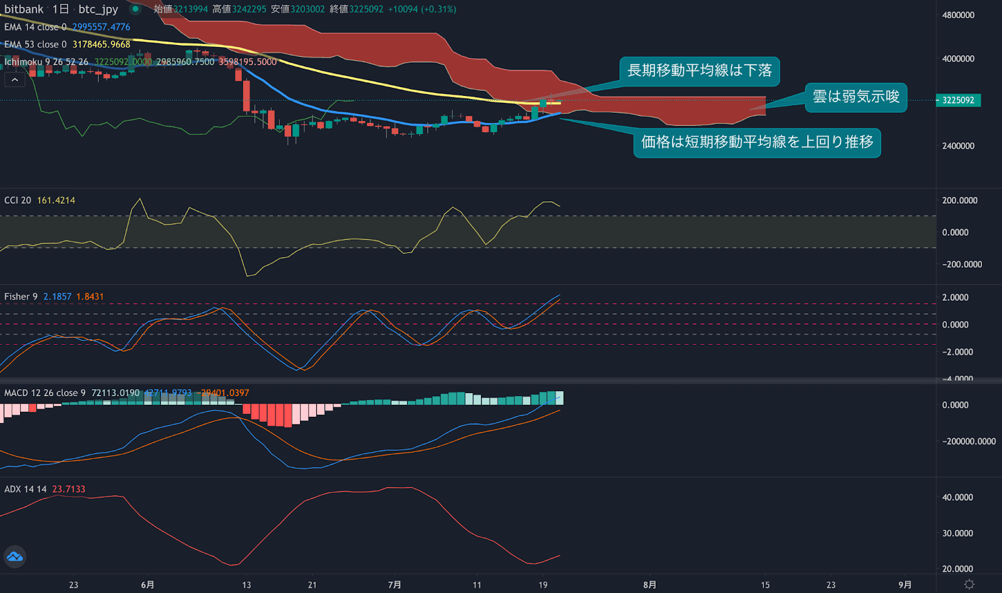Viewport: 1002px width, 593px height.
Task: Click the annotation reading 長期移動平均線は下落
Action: (700, 71)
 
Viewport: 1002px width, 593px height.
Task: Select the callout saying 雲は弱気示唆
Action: (855, 97)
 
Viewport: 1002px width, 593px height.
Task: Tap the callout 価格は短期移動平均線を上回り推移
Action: (757, 142)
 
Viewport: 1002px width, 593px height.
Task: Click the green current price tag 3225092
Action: (958, 100)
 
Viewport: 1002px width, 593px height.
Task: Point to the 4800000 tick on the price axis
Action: (958, 15)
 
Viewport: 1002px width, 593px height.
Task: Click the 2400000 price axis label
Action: (958, 146)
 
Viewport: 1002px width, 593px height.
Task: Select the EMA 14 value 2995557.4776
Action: (101, 27)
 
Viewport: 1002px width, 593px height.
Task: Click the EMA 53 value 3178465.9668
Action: (101, 45)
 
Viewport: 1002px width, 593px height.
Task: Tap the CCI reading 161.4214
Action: (56, 201)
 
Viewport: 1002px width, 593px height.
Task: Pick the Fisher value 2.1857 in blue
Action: (57, 296)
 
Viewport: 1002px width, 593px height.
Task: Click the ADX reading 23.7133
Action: (69, 489)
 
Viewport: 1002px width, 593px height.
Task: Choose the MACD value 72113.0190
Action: (115, 393)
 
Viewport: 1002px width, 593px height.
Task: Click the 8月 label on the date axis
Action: (649, 585)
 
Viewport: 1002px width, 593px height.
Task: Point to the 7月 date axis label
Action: (394, 585)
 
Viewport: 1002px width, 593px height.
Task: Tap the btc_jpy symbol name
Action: (98, 9)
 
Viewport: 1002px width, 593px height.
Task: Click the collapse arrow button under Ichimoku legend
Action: (15, 80)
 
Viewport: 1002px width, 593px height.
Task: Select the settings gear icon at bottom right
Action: (969, 584)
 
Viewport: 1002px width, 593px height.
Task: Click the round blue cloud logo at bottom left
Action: (15, 557)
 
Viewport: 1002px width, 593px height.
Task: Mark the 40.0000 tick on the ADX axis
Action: (958, 498)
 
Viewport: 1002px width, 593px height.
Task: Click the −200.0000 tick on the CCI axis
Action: (962, 265)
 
